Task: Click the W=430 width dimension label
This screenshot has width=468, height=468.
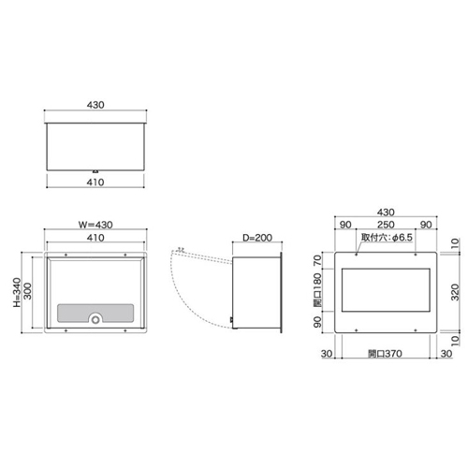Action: tap(95, 224)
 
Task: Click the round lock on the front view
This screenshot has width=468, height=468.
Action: tap(95, 319)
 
